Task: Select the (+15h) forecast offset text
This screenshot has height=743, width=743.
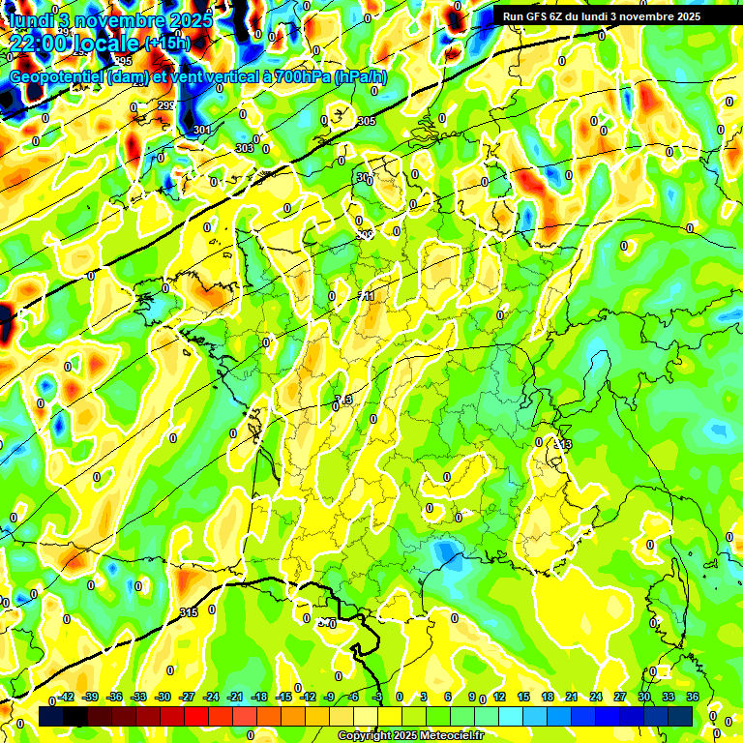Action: pos(167,44)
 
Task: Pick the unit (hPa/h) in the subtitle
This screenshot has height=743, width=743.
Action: pos(360,76)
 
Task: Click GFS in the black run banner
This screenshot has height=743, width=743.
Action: pos(539,16)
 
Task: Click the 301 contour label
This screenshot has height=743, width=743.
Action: pos(201,130)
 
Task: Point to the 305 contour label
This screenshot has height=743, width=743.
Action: pos(366,121)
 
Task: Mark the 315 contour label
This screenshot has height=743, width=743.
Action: pos(189,613)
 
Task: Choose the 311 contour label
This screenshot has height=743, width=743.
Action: pos(366,296)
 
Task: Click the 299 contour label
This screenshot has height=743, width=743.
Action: pos(165,105)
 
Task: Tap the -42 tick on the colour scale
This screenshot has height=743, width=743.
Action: pos(67,697)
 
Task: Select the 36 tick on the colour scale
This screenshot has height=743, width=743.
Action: pos(693,697)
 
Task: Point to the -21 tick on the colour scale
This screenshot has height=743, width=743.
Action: pos(234,697)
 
